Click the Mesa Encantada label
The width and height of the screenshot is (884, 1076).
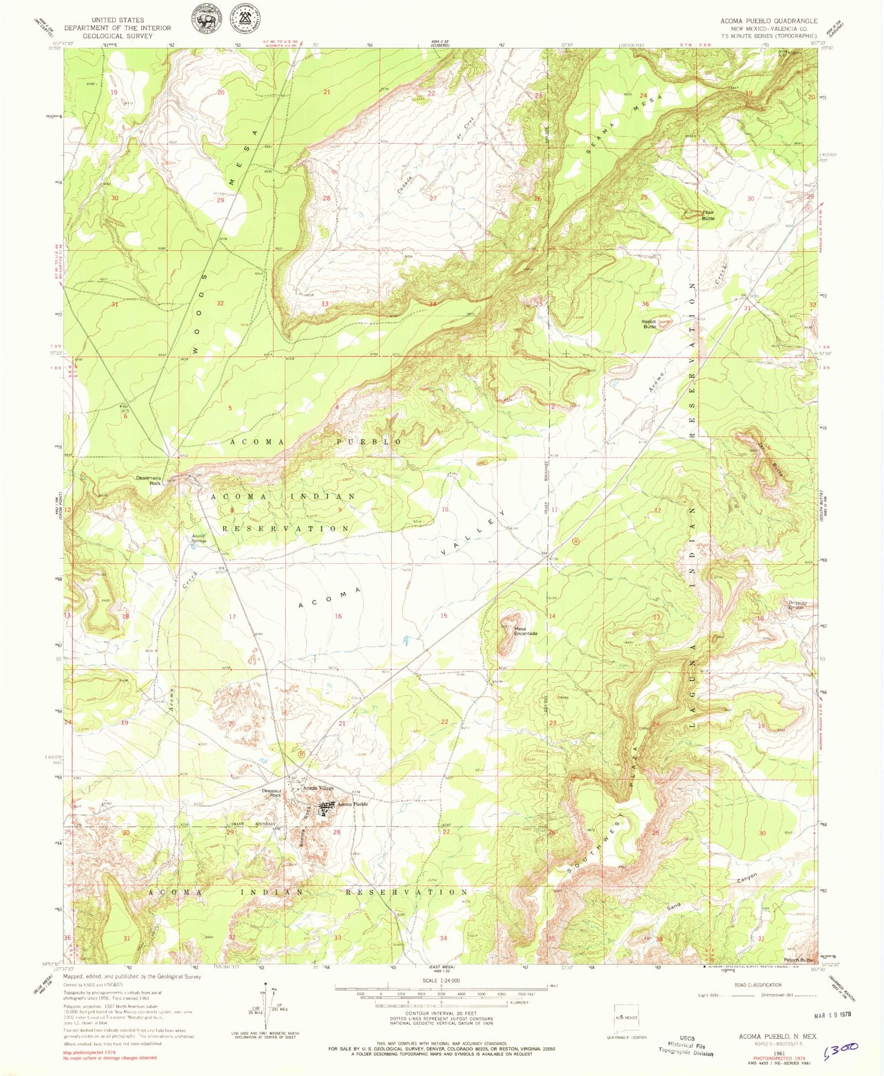[525, 631]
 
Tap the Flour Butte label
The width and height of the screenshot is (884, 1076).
[708, 215]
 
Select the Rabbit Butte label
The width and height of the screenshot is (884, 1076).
[649, 324]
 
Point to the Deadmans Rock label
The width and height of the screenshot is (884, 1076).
[149, 480]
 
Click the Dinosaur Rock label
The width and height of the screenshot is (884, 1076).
[272, 793]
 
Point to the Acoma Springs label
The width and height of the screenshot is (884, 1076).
[198, 538]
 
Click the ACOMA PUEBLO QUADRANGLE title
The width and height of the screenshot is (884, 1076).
[769, 20]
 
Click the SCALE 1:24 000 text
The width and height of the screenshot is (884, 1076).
[441, 980]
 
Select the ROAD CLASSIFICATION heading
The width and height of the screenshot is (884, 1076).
[757, 985]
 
